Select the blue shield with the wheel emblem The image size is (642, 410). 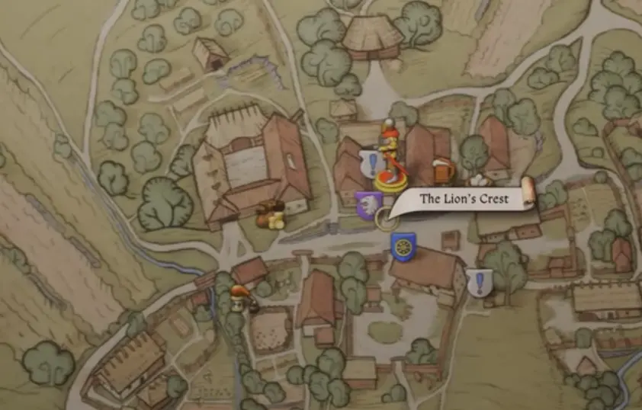403,247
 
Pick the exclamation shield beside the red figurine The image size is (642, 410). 371,162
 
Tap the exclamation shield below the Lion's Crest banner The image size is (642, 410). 480,283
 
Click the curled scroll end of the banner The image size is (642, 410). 526,194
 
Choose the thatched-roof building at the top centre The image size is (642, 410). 372,36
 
